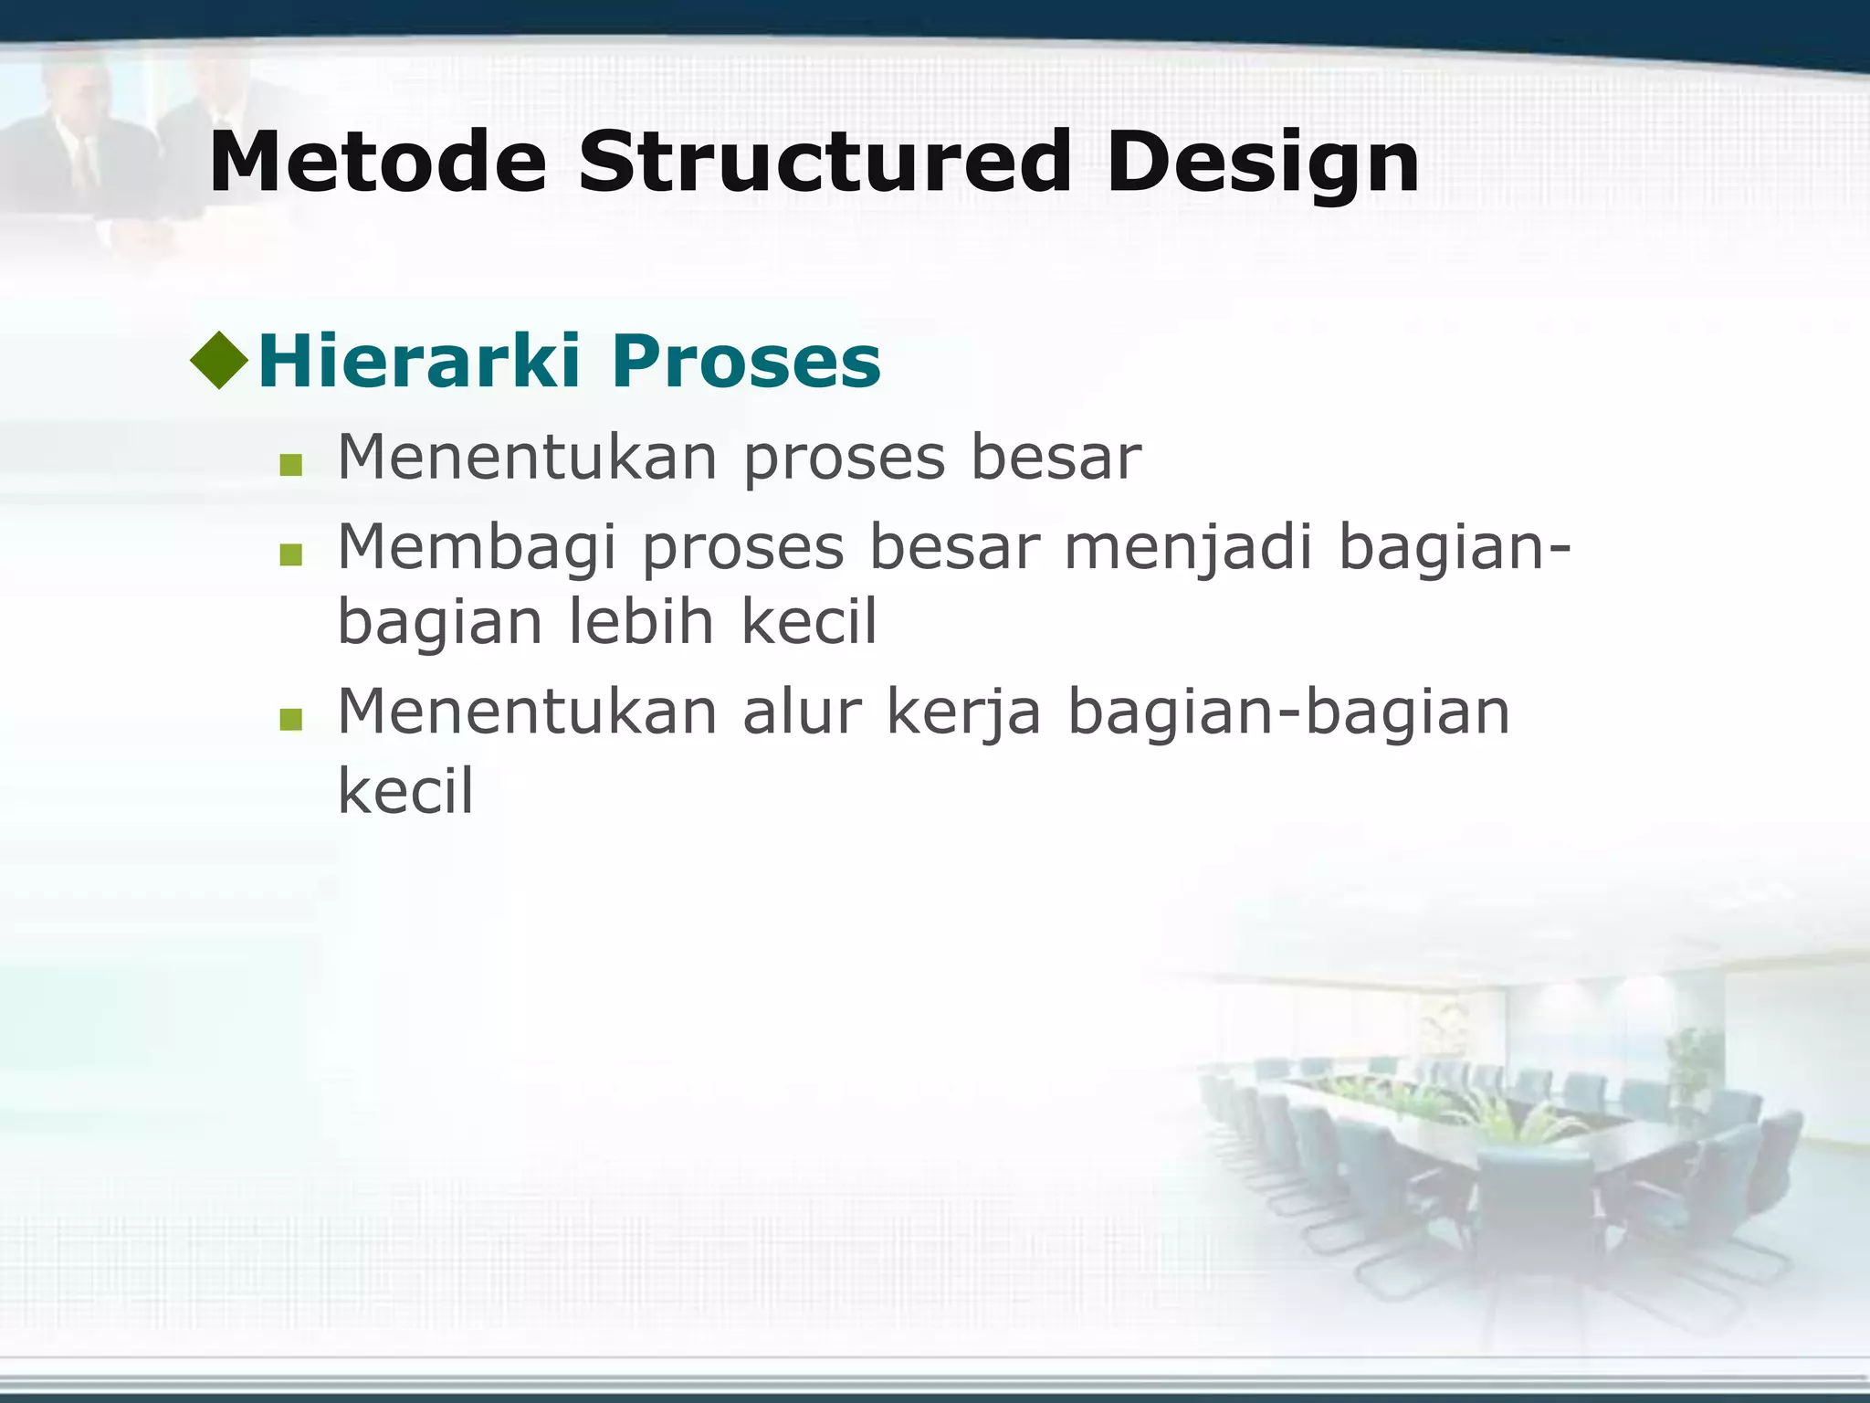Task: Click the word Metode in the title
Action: [377, 163]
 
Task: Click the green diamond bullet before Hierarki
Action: [219, 360]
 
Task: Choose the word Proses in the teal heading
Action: [746, 362]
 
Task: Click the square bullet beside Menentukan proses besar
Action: [290, 465]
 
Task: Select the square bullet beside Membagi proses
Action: [290, 554]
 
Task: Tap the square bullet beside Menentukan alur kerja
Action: [290, 719]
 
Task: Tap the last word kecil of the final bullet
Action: [405, 790]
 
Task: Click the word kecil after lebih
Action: [808, 622]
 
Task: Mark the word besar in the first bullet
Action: [1055, 458]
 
